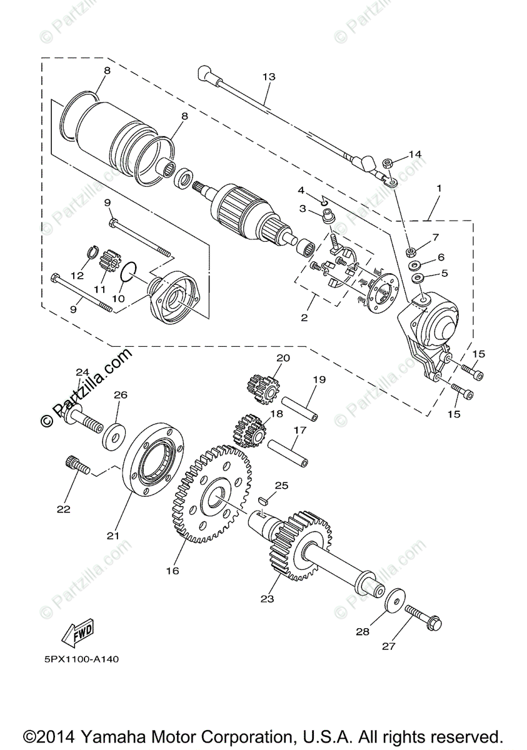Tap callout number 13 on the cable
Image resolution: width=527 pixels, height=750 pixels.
point(268,77)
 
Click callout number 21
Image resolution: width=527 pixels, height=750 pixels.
point(113,535)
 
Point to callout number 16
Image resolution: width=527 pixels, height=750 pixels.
point(173,570)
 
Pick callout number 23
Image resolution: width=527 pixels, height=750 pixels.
point(268,598)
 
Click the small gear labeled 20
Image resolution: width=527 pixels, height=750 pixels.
point(264,388)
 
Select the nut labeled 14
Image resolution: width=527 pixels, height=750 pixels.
point(387,164)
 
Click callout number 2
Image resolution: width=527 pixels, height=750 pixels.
point(304,317)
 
